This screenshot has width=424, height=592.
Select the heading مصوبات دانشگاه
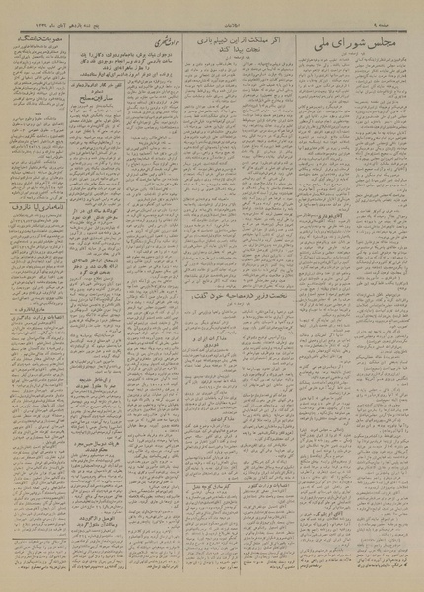click(x=38, y=35)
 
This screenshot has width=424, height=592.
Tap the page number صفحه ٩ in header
click(x=403, y=10)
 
